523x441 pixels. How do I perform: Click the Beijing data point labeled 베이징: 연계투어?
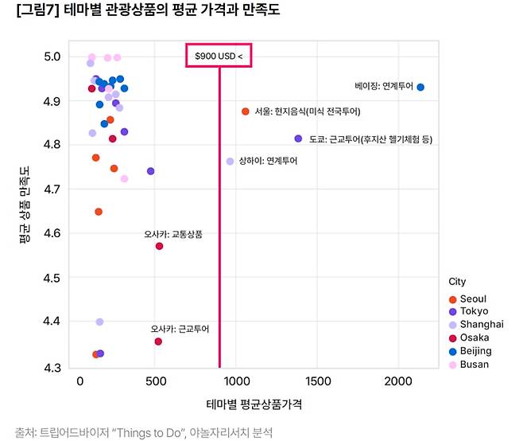[x=420, y=88]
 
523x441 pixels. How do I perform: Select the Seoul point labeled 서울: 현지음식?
[x=246, y=111]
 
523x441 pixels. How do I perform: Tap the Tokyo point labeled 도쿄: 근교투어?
[x=298, y=139]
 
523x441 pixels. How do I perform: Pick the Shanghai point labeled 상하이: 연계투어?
[x=231, y=161]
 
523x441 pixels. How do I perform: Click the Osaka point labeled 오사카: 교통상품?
[x=160, y=246]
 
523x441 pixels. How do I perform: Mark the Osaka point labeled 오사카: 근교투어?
[x=158, y=341]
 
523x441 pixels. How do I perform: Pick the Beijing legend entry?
[x=475, y=351]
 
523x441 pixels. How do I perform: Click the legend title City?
[x=457, y=282]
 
